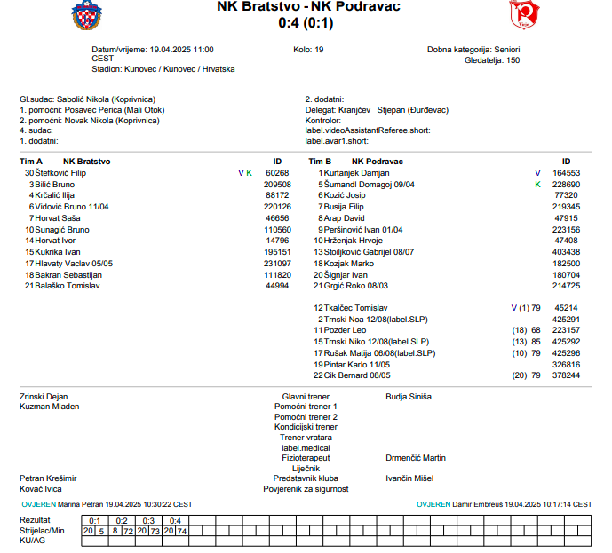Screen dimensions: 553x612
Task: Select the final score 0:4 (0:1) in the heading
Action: [x=307, y=22]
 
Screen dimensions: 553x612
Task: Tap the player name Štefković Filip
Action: [x=61, y=173]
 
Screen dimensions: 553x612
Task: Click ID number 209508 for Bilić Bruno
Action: [x=277, y=184]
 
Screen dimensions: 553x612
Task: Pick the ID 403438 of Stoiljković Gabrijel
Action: [x=566, y=252]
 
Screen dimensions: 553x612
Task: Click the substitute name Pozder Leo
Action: [x=346, y=330]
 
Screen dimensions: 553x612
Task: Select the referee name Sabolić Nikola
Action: [x=83, y=99]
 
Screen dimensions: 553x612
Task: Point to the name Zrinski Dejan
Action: [x=44, y=397]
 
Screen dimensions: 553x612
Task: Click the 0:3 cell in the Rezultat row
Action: [x=149, y=520]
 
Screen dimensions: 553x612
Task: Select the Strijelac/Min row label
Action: [x=43, y=530]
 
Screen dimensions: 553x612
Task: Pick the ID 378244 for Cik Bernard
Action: [x=566, y=375]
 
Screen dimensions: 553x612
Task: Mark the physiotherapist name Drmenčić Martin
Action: [x=416, y=458]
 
